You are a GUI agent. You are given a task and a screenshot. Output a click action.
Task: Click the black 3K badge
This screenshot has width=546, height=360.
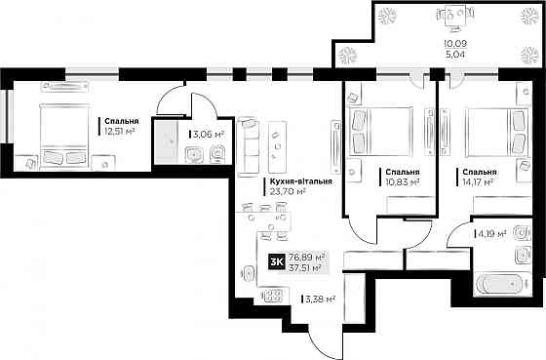(x=277, y=262)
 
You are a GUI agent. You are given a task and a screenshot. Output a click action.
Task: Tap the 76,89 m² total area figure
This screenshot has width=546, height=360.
(x=307, y=258)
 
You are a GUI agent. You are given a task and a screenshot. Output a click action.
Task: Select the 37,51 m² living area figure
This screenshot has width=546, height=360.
(x=305, y=267)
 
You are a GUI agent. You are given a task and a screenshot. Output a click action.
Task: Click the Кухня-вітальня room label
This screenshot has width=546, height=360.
(x=300, y=181)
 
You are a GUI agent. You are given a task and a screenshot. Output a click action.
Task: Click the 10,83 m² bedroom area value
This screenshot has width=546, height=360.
(x=402, y=181)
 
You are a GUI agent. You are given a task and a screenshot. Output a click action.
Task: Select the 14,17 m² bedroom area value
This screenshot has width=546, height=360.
(x=478, y=181)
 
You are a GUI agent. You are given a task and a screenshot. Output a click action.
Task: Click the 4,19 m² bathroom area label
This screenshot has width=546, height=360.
(x=492, y=233)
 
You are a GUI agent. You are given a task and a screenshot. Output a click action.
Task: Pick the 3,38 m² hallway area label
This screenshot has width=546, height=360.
(x=320, y=299)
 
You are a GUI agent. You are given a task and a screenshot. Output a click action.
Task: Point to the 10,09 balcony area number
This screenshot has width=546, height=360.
(x=455, y=44)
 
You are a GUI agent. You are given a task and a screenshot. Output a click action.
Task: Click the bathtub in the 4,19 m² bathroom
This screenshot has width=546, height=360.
(x=499, y=284)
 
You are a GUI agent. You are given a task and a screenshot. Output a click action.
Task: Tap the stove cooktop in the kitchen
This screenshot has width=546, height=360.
(x=272, y=296)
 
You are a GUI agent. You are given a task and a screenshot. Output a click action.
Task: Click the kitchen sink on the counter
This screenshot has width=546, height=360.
(x=247, y=273)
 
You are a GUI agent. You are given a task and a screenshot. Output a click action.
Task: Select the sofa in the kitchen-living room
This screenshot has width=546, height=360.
(x=249, y=146)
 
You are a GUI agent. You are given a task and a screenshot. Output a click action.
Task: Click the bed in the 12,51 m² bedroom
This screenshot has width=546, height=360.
(x=64, y=137)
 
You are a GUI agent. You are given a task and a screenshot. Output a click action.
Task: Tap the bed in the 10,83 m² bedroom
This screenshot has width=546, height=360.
(x=380, y=131)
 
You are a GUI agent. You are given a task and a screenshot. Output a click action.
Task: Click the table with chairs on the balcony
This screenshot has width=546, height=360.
(x=455, y=17)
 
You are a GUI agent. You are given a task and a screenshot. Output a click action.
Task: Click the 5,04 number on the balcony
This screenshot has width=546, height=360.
(x=455, y=55)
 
